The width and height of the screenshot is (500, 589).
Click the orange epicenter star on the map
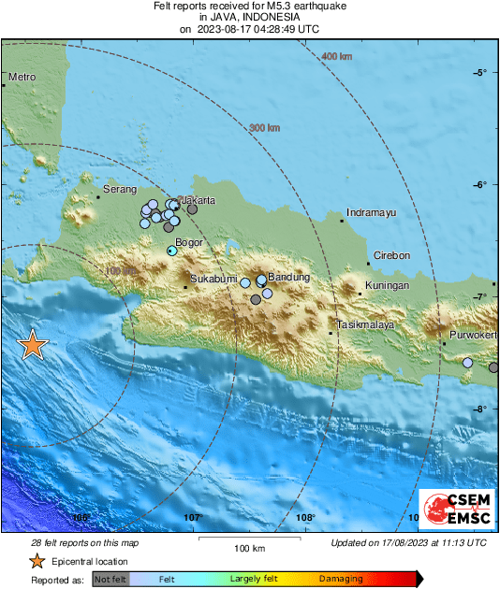tap(33, 346)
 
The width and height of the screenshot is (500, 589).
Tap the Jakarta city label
tap(198, 200)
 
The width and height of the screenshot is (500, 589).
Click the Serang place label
tap(119, 190)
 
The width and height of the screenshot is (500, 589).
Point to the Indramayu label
tap(371, 213)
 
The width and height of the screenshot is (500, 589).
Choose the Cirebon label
tap(392, 255)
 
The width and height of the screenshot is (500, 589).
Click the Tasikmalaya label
tap(366, 325)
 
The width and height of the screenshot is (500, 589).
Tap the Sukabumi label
tap(211, 279)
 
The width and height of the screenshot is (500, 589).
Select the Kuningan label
tap(389, 285)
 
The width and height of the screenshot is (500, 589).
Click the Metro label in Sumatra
tap(22, 77)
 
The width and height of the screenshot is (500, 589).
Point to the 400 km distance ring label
tap(336, 58)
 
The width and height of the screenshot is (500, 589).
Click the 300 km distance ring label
tap(266, 128)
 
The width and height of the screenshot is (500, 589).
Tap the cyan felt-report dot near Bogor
tap(171, 251)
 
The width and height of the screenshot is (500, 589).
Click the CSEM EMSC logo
tap(452, 510)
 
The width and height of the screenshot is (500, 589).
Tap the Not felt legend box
tap(110, 580)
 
